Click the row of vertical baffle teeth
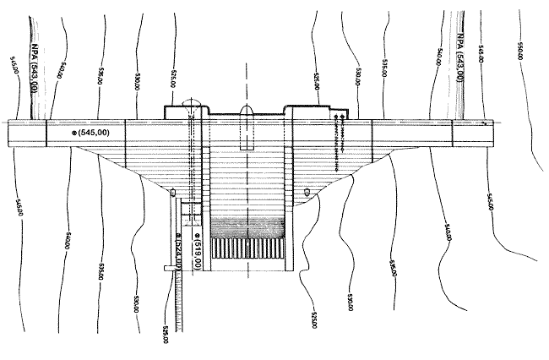(x=250, y=248)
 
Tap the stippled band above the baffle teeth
(x=250, y=227)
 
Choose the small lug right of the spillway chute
(x=307, y=193)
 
